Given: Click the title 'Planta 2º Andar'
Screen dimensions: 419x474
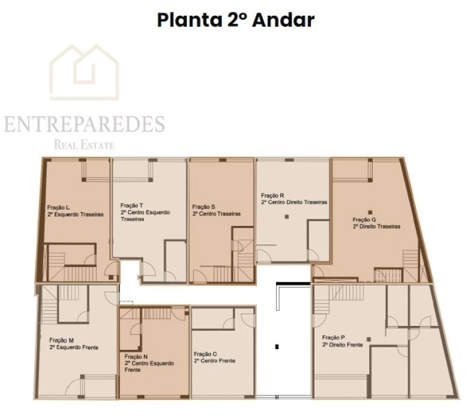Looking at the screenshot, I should tap(235, 20).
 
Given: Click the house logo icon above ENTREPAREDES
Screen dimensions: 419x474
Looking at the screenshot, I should tap(84, 72).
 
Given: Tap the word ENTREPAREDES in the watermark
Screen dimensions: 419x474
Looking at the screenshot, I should tap(84, 124).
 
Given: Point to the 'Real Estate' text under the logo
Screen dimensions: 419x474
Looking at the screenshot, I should tap(84, 145).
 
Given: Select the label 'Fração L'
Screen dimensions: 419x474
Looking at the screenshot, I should tap(59, 207).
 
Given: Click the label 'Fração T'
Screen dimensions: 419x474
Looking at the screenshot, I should tap(132, 205).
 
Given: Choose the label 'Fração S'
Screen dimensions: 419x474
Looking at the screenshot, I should tap(204, 207).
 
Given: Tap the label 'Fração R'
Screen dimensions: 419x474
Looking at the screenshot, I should tap(273, 196).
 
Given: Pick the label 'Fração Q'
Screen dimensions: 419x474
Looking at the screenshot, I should tap(365, 219).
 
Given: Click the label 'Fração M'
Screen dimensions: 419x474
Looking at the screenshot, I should tap(62, 340).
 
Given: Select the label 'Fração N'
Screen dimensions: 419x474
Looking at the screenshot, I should tap(136, 356).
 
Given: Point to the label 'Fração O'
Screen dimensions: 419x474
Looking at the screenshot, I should tap(206, 354).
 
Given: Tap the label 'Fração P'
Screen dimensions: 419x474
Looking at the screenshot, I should tap(334, 338).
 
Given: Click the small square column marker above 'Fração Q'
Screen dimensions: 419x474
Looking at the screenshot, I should tap(369, 212).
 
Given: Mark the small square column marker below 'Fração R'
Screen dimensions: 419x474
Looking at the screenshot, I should tap(286, 217).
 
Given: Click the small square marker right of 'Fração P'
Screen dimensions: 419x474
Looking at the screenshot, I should tap(367, 338).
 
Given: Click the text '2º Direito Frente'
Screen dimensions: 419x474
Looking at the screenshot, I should tap(342, 345).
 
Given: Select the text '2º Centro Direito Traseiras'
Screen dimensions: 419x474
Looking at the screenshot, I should tap(294, 203).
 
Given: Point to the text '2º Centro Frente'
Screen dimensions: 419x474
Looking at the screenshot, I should tap(214, 361).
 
